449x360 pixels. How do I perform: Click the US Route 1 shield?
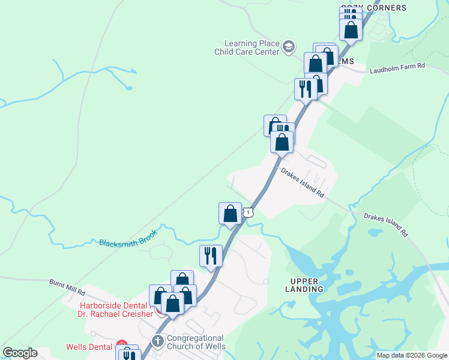coord(248,212)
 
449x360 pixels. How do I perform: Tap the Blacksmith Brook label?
coord(128,238)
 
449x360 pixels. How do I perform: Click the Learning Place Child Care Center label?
coord(251,47)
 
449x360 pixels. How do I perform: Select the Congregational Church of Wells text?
coord(195,342)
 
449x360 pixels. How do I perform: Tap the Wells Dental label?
coord(89,347)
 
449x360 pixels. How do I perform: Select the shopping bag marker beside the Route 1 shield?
coord(230,214)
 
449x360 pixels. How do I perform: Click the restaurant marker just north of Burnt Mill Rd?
coord(211,256)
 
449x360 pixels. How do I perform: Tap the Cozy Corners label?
coord(373,8)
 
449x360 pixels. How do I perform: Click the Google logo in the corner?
coord(20,353)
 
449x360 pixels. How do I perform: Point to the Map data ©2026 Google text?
coord(412,355)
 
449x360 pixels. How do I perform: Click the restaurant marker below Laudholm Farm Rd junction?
coord(304,89)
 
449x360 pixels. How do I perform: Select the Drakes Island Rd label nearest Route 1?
coord(303,183)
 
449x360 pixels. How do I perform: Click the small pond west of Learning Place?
coord(128,88)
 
